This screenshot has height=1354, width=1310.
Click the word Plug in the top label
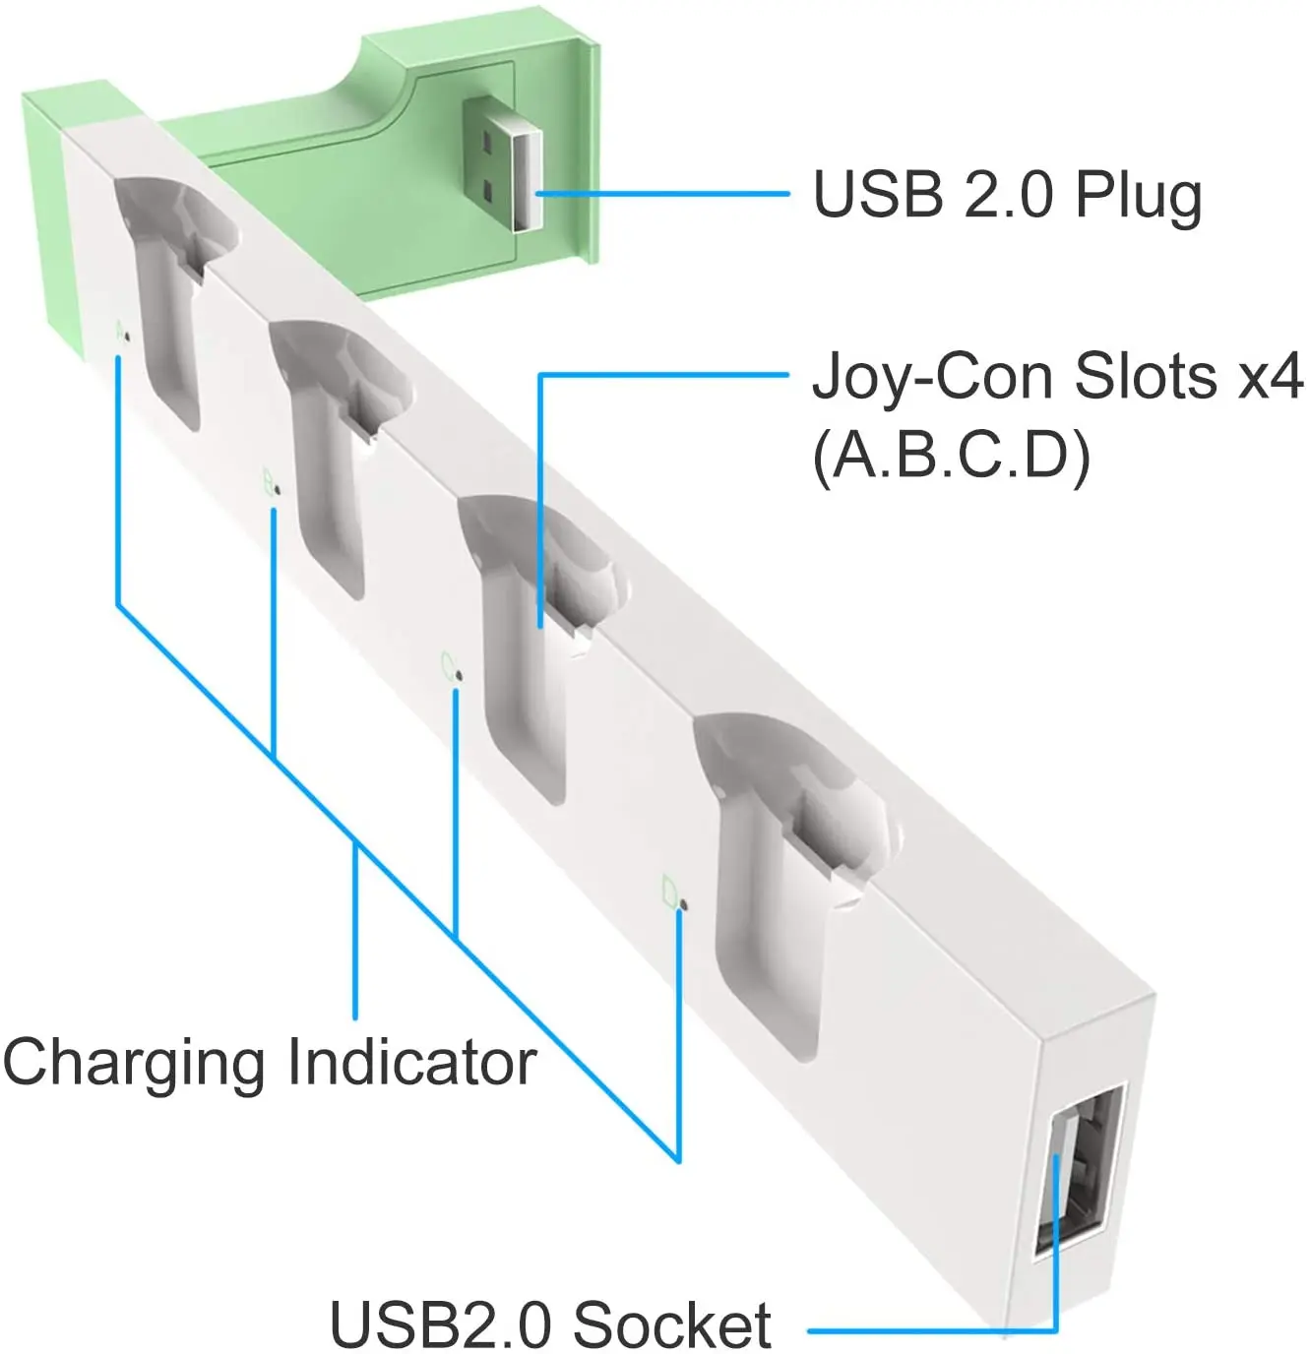click(x=1139, y=196)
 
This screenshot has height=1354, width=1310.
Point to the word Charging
click(x=134, y=1063)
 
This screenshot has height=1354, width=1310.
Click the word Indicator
click(x=412, y=1063)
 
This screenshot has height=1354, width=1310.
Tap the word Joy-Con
click(x=936, y=377)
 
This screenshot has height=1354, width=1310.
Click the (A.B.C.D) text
click(x=952, y=456)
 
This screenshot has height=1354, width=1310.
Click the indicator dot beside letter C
click(x=460, y=675)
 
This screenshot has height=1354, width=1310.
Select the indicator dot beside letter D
click(x=684, y=902)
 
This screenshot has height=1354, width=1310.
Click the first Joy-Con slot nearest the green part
click(x=167, y=295)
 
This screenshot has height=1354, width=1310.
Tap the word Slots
click(x=1145, y=377)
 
